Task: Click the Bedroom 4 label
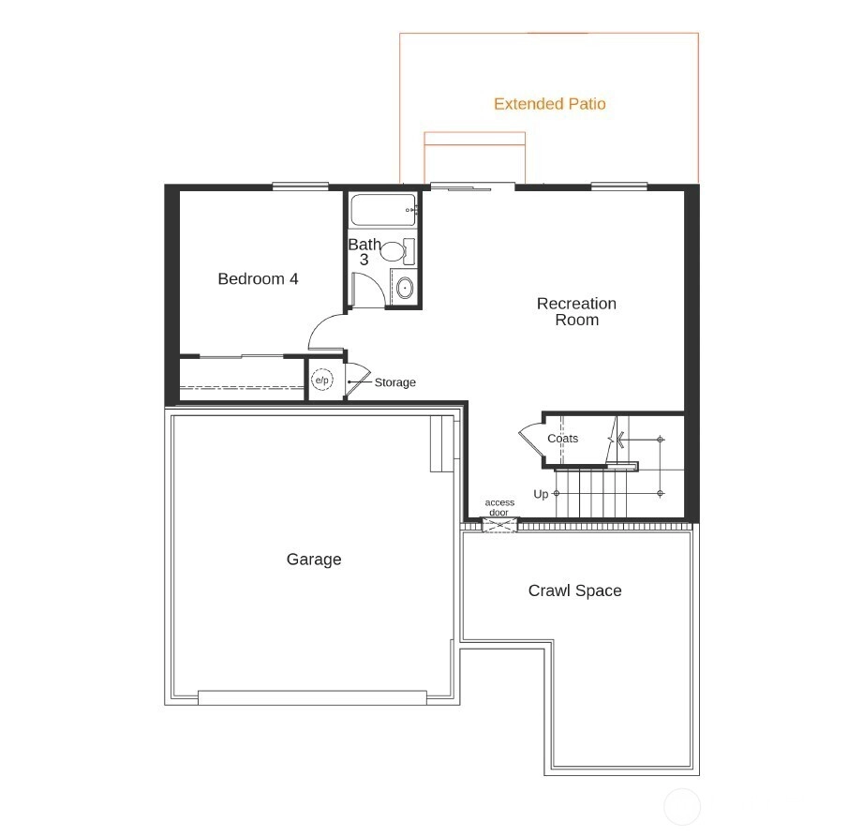click(x=258, y=278)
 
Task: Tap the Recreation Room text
click(x=576, y=311)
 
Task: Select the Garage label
click(x=314, y=560)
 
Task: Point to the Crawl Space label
click(x=575, y=590)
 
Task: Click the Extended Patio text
click(x=549, y=104)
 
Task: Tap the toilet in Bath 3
click(x=397, y=251)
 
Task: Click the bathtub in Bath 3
click(x=383, y=210)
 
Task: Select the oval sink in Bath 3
click(x=405, y=288)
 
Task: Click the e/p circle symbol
click(x=321, y=380)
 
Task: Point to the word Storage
click(x=394, y=382)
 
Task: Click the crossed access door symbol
click(x=499, y=525)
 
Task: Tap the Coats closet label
click(x=562, y=439)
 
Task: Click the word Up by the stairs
click(x=541, y=494)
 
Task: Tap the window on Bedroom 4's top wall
click(x=300, y=187)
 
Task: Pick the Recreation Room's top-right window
click(x=619, y=187)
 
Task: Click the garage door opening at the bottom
click(x=313, y=697)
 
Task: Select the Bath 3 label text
click(x=364, y=252)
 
